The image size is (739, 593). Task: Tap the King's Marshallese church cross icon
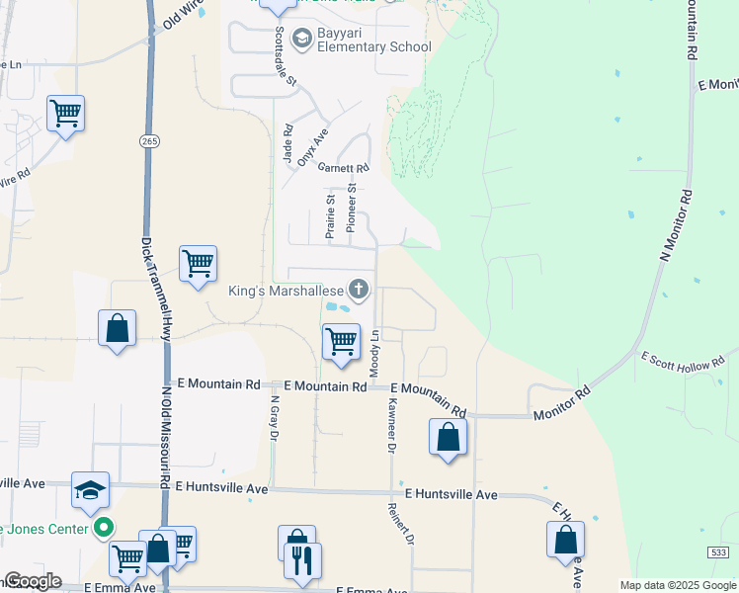click(x=359, y=289)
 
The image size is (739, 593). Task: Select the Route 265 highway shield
click(x=148, y=142)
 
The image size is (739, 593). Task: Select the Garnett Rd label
click(x=343, y=168)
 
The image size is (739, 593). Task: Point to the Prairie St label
click(x=331, y=215)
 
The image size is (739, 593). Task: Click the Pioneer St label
click(x=352, y=209)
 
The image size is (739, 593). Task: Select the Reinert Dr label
click(x=401, y=523)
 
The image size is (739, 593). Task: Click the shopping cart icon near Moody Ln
click(x=341, y=342)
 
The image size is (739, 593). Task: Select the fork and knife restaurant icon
click(x=302, y=561)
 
